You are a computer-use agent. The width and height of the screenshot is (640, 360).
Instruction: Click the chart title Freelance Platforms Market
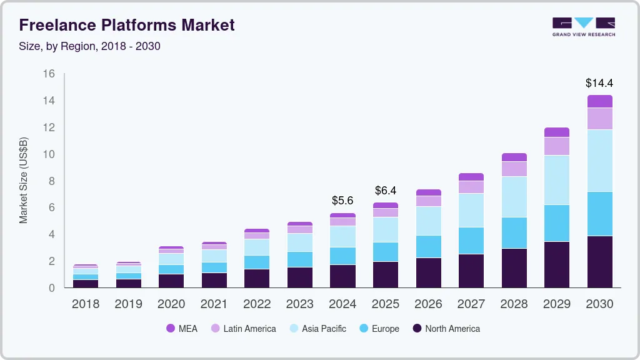(x=127, y=25)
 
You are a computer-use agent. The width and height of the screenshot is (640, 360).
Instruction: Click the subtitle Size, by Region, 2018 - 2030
(x=89, y=46)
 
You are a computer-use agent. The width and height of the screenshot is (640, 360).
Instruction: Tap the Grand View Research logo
(x=583, y=26)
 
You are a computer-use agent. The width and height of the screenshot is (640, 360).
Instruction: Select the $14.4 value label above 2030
(x=599, y=82)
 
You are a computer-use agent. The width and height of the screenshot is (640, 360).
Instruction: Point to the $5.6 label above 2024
(x=342, y=201)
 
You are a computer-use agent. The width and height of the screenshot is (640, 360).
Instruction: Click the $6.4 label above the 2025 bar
(x=386, y=190)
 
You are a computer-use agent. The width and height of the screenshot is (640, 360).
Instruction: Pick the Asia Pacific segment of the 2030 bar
(x=599, y=161)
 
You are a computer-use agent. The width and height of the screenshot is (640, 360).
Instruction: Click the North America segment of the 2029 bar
(x=556, y=264)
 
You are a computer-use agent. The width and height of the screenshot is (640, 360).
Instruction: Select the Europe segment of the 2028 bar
(x=514, y=232)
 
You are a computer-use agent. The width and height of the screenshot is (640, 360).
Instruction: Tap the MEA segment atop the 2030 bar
(x=599, y=101)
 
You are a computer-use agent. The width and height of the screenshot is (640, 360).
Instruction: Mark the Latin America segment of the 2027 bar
(x=471, y=187)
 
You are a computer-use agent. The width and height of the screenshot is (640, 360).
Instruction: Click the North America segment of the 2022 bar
(x=257, y=278)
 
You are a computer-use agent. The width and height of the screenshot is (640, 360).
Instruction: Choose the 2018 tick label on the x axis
(x=86, y=304)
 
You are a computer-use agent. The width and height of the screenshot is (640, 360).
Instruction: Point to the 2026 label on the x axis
(x=428, y=304)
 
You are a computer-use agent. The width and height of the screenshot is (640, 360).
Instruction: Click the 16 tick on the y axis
(x=49, y=74)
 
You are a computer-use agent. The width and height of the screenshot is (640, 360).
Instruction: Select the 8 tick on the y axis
(x=52, y=181)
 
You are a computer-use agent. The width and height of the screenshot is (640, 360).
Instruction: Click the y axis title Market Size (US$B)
(x=24, y=181)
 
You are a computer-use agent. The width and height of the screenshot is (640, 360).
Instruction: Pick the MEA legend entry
(x=181, y=328)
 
